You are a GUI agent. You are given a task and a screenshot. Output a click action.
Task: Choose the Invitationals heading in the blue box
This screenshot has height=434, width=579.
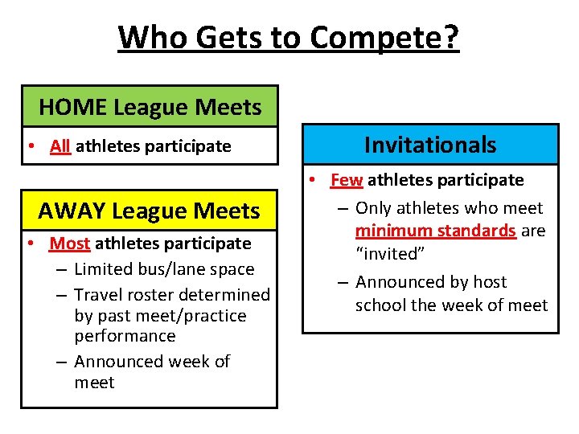[430, 145]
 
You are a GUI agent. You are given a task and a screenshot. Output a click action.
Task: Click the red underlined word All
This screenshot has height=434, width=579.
[60, 146]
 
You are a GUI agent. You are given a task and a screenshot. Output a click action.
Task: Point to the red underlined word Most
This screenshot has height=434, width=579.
[69, 243]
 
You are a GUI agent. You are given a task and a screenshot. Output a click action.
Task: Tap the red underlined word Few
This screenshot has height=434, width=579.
[347, 180]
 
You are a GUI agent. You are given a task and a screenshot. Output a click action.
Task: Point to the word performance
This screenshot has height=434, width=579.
[125, 336]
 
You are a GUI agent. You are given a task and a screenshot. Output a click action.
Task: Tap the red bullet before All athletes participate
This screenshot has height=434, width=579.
[29, 146]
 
